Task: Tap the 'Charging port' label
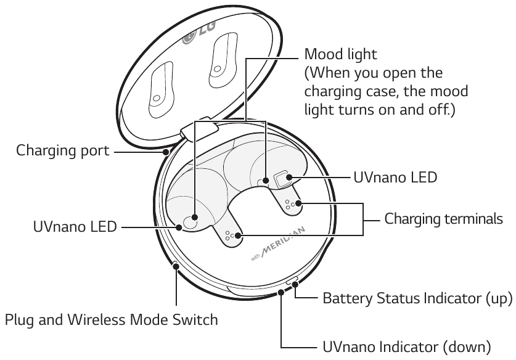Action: pos(62,150)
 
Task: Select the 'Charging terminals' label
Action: pos(444,219)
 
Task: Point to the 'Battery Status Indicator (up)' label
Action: pos(417,300)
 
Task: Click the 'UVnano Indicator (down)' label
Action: pos(407,345)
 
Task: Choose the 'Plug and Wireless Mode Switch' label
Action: pos(112,320)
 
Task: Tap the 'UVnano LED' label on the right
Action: pos(395,178)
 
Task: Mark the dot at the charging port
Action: pos(165,150)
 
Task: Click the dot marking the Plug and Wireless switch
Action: pos(176,266)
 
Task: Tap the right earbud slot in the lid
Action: pos(219,64)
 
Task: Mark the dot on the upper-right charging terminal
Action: pos(298,202)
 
